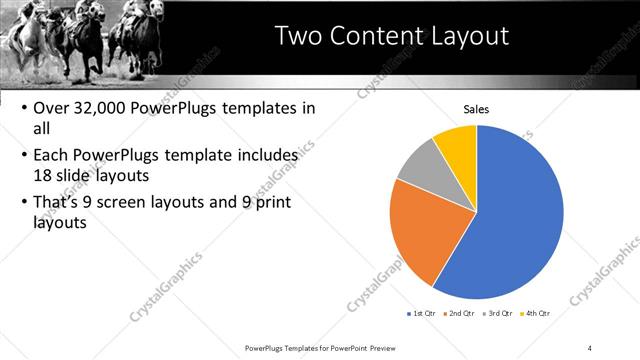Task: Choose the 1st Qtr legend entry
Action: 421,314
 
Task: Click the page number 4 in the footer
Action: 590,347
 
